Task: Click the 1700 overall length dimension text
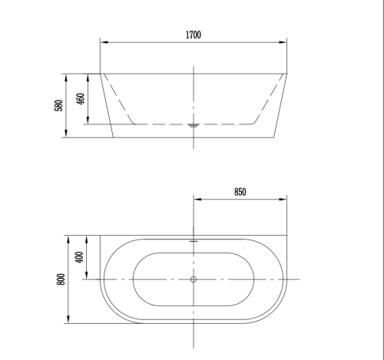click(x=194, y=35)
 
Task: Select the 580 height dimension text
click(x=58, y=106)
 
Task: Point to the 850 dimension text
click(x=240, y=193)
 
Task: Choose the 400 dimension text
click(x=80, y=257)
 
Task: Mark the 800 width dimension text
click(x=61, y=279)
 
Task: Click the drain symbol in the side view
click(x=194, y=123)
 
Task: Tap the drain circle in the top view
click(x=194, y=279)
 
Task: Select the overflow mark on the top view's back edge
click(x=194, y=239)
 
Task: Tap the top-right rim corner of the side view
click(x=287, y=74)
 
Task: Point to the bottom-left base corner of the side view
click(x=114, y=139)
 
